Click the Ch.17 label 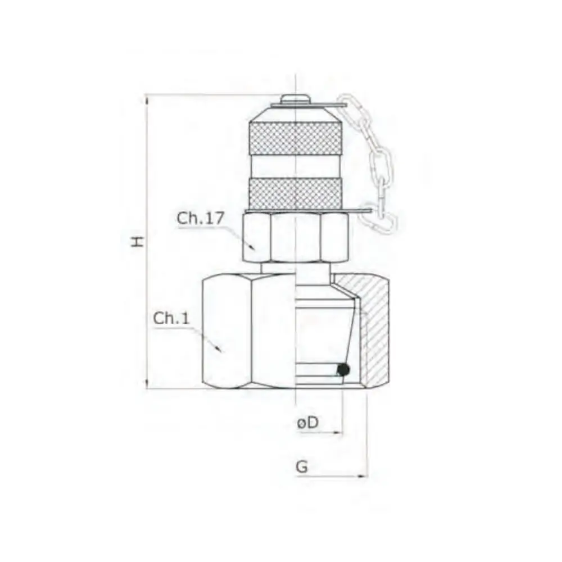(201, 219)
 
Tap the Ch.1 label (171, 318)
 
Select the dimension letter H (137, 241)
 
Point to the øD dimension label (307, 423)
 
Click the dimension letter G (302, 466)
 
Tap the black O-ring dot (343, 370)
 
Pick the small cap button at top (294, 99)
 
